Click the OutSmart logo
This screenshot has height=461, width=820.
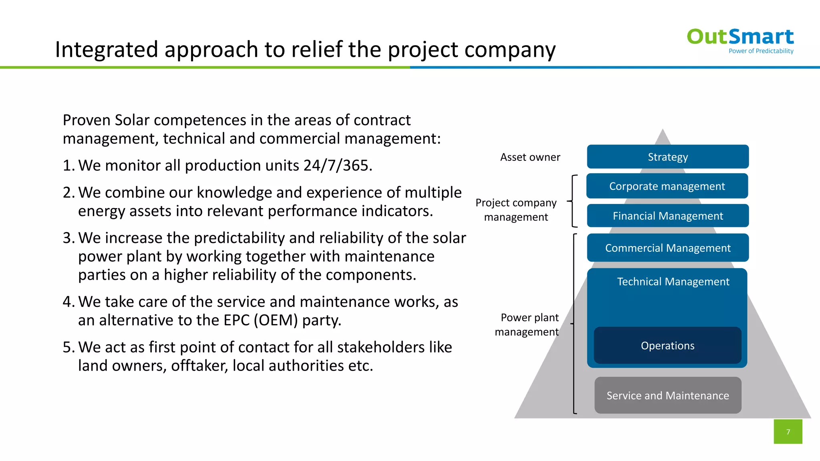coord(740,37)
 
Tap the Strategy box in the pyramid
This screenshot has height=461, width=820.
coord(667,157)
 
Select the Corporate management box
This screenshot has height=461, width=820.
coord(667,186)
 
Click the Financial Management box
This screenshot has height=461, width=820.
coord(667,216)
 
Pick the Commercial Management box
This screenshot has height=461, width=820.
coord(667,248)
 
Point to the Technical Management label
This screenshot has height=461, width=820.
coord(673,282)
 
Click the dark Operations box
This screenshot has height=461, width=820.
coord(667,346)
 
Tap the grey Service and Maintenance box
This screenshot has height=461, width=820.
coord(667,395)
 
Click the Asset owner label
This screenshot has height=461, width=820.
coord(530,157)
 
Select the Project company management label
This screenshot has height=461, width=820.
coord(516,210)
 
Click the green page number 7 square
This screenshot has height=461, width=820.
coord(788,432)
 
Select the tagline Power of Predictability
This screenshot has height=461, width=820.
coord(761,51)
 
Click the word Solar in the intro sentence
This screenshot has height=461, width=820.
coord(132,120)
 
